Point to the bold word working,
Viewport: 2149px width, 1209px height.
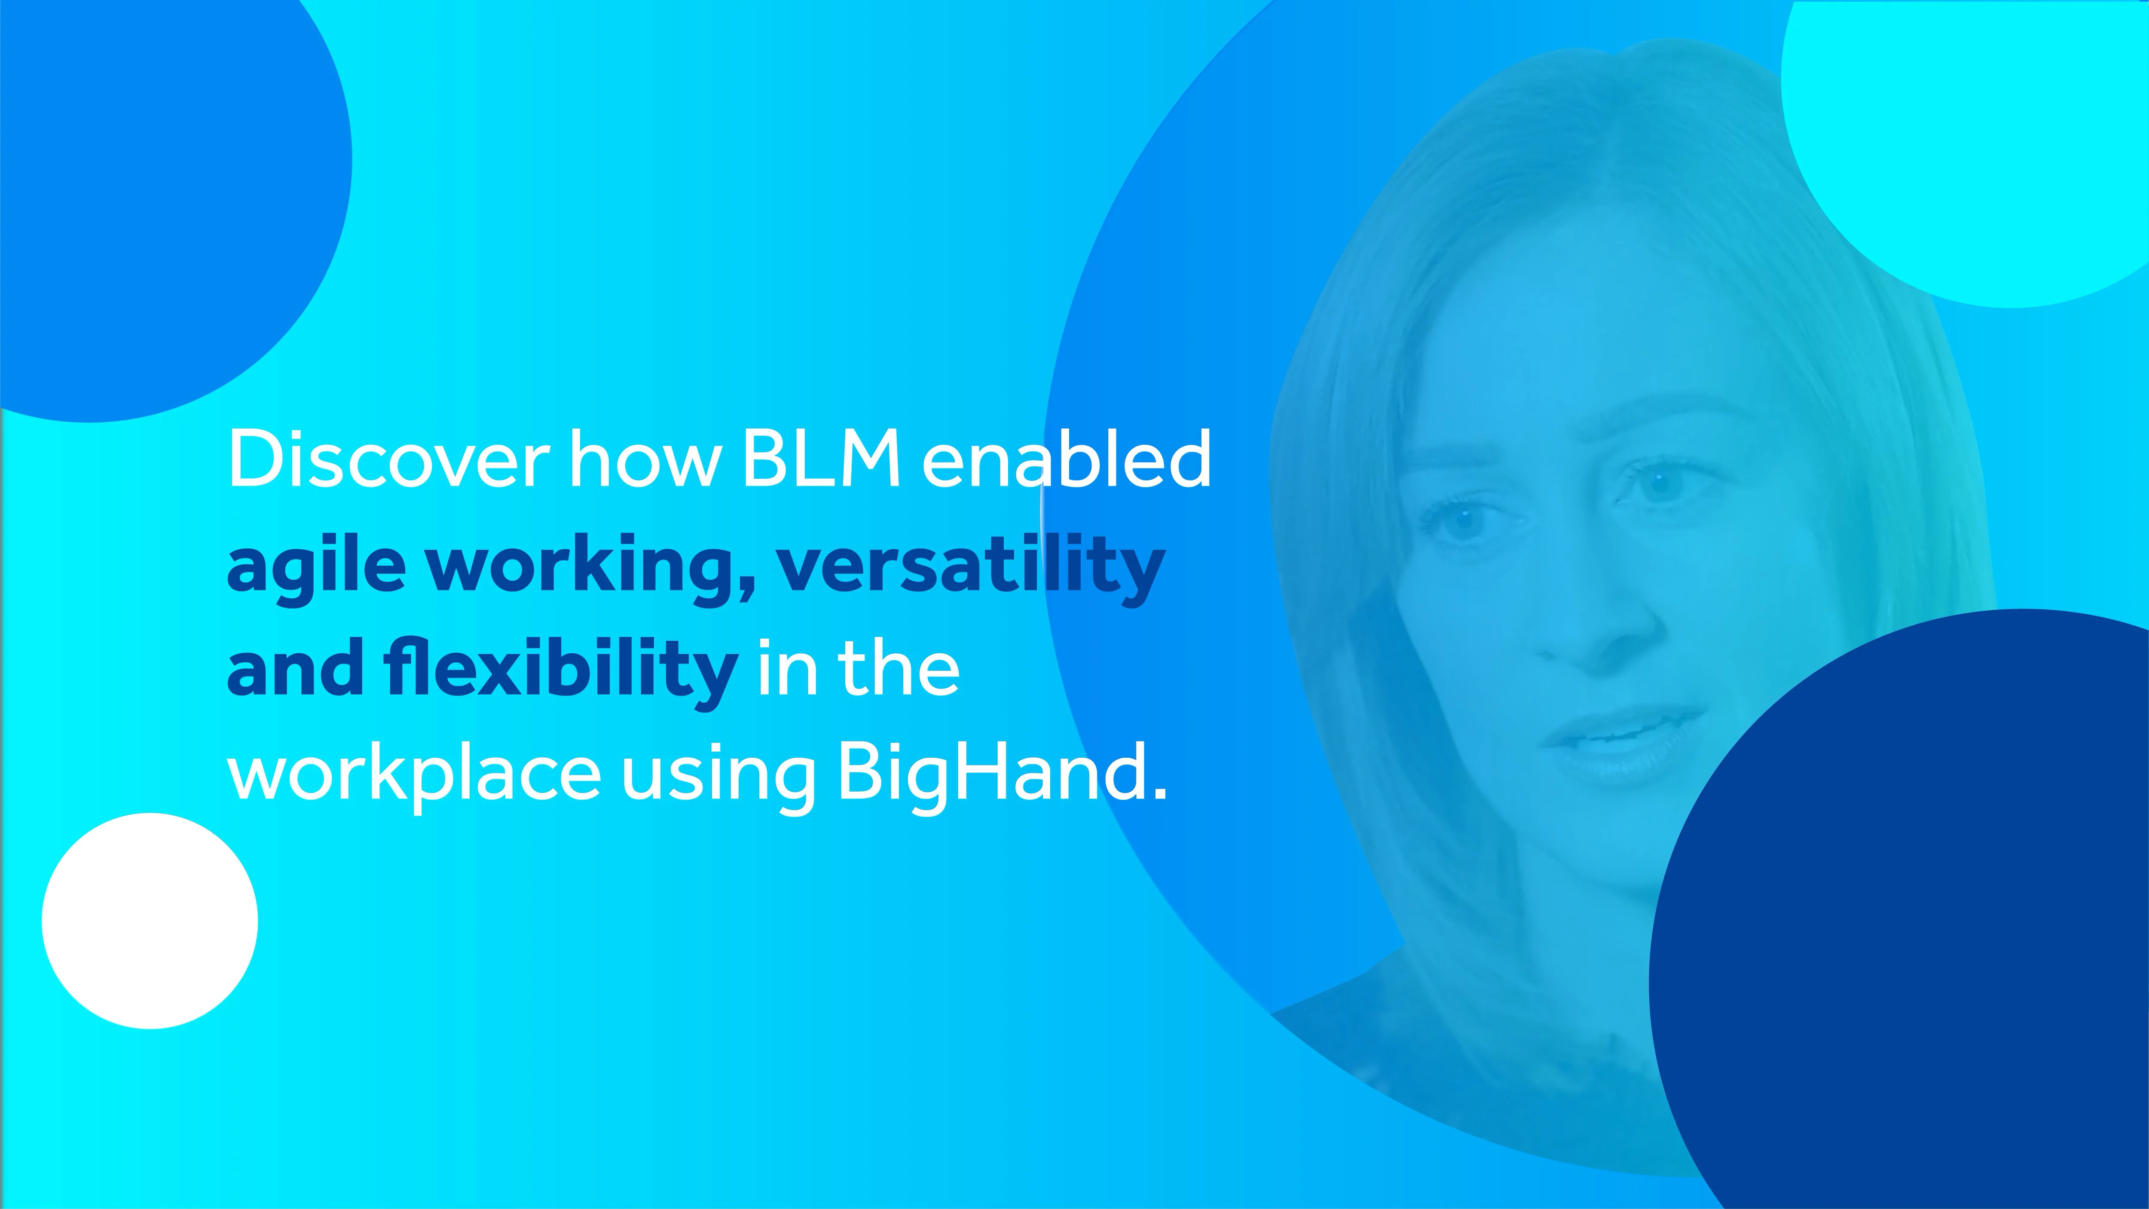click(x=590, y=567)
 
